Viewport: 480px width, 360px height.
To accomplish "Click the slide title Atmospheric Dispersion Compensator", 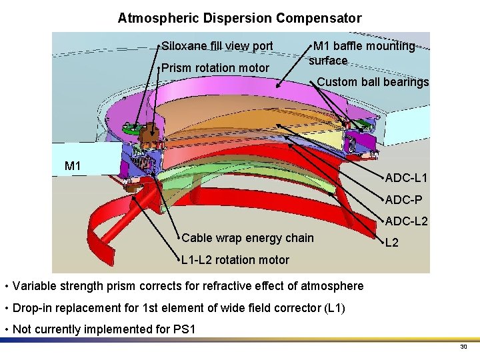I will click(x=239, y=18).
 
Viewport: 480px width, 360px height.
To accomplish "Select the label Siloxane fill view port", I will click(x=217, y=46).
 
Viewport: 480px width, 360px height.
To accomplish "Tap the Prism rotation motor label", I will click(x=215, y=68).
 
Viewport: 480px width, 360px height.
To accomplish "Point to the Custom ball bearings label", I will click(x=373, y=82).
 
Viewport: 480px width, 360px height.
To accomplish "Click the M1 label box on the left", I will click(x=73, y=165).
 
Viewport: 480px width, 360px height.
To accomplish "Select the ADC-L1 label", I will click(x=406, y=178).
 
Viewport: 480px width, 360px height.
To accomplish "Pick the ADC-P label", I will click(x=403, y=199).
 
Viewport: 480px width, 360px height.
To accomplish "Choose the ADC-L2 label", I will click(x=406, y=221).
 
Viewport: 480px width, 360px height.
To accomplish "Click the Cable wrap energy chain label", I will click(x=247, y=238).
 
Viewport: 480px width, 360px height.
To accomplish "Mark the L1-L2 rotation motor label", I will click(x=235, y=260).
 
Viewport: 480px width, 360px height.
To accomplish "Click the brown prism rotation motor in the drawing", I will click(x=152, y=129).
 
